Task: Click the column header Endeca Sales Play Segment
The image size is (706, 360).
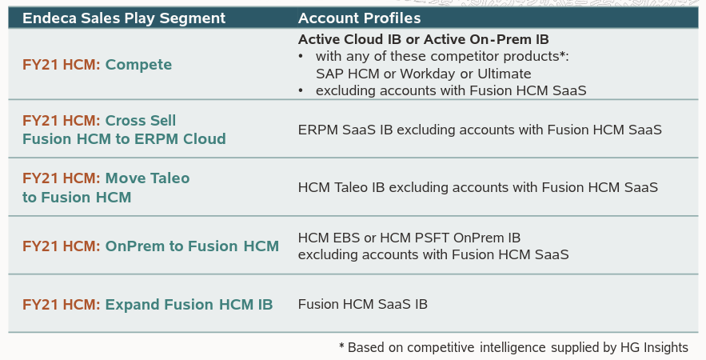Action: (124, 18)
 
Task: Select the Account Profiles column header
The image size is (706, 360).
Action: (359, 18)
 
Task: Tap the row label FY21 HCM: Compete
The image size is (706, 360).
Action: (97, 65)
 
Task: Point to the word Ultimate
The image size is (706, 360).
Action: (504, 74)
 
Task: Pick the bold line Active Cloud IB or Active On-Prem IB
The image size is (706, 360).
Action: (423, 39)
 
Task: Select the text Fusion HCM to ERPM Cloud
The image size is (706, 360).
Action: (124, 139)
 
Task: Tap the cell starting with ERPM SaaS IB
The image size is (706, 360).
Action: (480, 129)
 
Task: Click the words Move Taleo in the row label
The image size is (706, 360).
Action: (147, 178)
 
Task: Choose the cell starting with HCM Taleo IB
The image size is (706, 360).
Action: (477, 187)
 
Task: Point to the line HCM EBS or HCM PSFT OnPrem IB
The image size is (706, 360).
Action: (409, 238)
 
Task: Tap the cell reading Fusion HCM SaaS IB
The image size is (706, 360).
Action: (362, 305)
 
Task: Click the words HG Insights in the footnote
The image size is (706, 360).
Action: (653, 347)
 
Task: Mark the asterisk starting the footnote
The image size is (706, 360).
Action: (341, 346)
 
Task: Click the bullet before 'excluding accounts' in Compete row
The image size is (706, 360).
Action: (301, 90)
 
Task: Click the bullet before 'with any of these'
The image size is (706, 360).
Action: (301, 57)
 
